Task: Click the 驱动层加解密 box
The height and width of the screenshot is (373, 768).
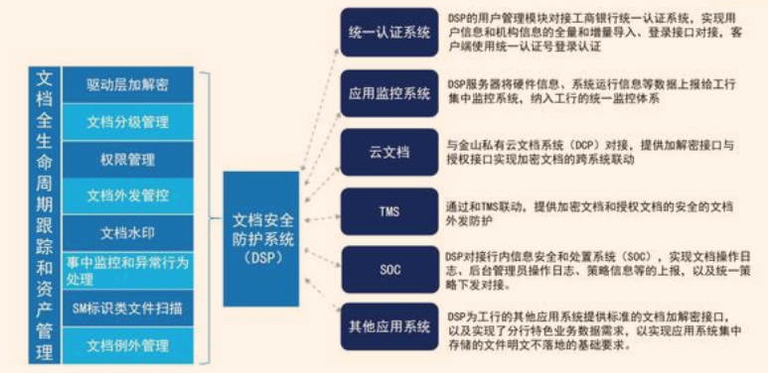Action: [x=127, y=85]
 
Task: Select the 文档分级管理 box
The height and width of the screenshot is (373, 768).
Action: [x=127, y=122]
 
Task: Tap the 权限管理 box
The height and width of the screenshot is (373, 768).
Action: [x=127, y=159]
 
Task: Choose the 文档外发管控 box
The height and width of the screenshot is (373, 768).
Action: [x=127, y=194]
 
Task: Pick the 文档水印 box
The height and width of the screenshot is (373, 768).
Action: [x=127, y=232]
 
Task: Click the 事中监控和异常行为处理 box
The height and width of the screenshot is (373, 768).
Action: [x=127, y=271]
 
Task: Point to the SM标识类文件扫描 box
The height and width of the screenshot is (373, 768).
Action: [x=127, y=309]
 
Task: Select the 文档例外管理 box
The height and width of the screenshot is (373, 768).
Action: [x=127, y=345]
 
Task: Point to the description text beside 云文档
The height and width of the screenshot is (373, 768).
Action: [x=590, y=152]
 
